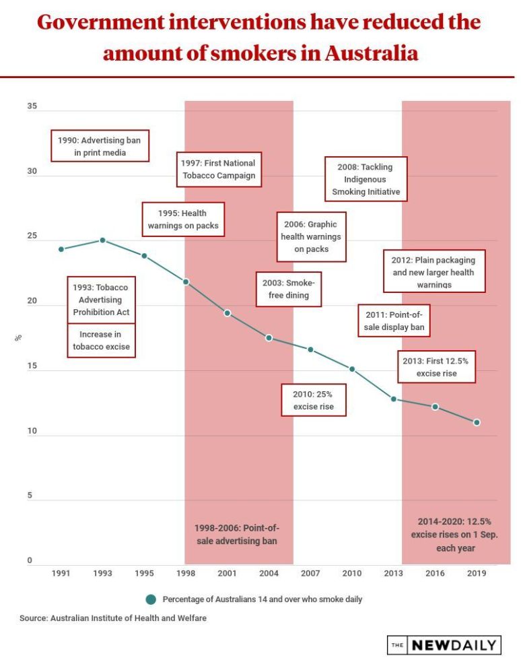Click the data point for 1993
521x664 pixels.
[102, 240]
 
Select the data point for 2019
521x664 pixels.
[477, 422]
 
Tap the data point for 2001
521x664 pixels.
[228, 313]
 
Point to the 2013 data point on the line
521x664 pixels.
[394, 399]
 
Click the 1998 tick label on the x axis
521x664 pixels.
[186, 573]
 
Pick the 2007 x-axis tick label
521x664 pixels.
[310, 573]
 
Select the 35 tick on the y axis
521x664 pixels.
[32, 107]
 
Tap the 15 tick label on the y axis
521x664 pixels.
[32, 368]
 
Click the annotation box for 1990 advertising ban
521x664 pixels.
[100, 146]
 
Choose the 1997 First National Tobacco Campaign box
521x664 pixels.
[219, 170]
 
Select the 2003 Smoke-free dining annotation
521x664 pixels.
[289, 289]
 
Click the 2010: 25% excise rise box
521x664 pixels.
[313, 400]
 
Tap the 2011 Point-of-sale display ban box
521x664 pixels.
[393, 321]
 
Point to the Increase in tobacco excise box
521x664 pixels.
[101, 341]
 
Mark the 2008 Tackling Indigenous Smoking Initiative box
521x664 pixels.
[366, 179]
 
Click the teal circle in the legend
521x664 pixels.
[151, 599]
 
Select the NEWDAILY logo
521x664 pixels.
[444, 644]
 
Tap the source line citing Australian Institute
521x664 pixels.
[113, 618]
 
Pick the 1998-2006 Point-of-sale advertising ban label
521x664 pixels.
[236, 534]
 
